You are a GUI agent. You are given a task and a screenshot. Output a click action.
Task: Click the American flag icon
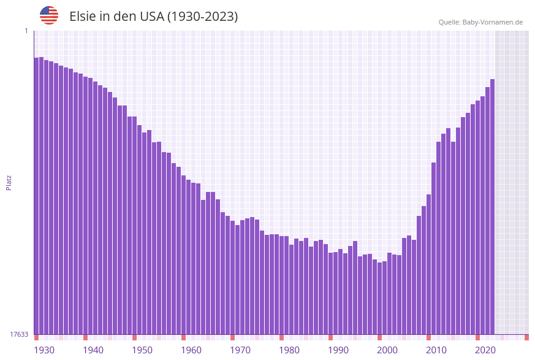49,15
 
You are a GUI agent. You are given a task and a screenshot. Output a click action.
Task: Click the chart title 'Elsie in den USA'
153,17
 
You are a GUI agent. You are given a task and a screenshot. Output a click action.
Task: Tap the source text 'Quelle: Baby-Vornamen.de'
480,22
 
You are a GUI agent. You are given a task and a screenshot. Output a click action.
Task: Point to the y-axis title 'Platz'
9,182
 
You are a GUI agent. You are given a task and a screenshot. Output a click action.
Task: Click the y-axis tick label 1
26,31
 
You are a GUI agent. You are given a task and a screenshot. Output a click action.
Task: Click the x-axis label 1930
44,350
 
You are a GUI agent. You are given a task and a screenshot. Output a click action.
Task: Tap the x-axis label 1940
93,350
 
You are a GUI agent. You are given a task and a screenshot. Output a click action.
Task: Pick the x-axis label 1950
142,350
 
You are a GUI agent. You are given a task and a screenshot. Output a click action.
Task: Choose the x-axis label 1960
191,350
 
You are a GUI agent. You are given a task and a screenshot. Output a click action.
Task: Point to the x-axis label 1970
240,350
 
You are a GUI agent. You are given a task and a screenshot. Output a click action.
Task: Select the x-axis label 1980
289,350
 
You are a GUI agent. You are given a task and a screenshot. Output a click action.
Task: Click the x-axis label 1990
338,350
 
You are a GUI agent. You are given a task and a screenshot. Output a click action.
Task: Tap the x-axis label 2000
387,350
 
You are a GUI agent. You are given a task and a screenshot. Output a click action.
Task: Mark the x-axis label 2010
436,350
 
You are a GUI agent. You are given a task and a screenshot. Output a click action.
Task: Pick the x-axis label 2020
485,350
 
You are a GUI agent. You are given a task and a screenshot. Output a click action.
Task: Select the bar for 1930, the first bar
36,196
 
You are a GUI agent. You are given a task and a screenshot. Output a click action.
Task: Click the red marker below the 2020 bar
477,337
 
